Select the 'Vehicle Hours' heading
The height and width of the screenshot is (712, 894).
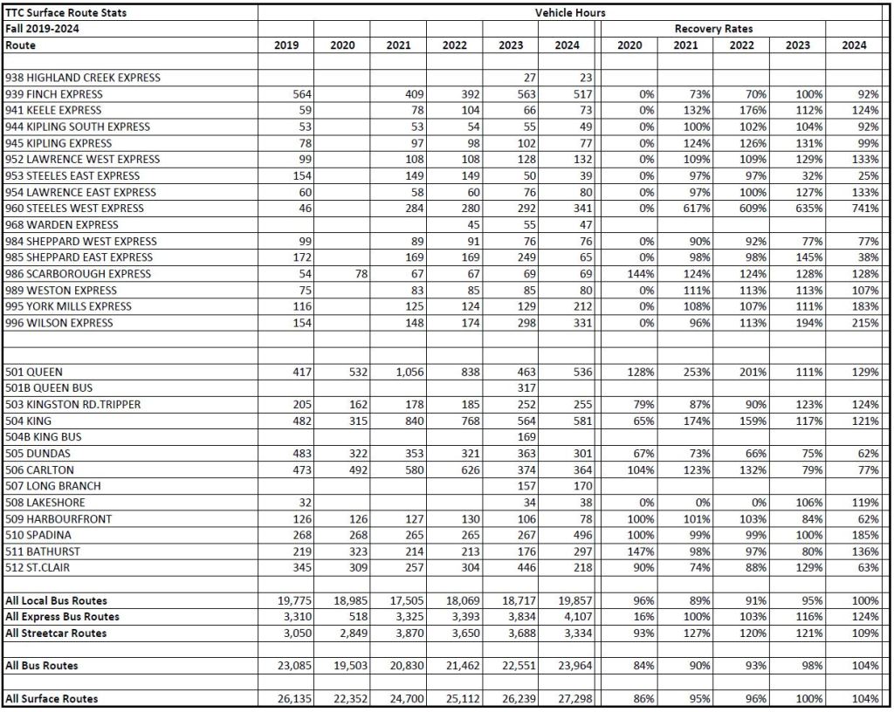[571, 12]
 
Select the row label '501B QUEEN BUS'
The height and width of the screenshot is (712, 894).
[49, 388]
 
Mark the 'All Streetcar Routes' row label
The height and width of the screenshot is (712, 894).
[56, 633]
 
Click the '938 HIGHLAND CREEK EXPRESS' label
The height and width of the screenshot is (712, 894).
[83, 78]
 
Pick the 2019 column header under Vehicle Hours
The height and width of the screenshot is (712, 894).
[286, 44]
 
